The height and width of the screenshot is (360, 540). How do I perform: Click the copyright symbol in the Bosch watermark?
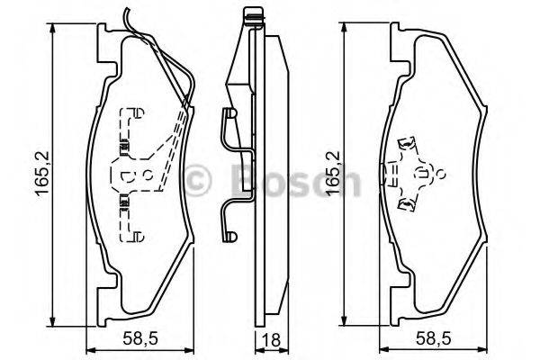pyautogui.click(x=201, y=177)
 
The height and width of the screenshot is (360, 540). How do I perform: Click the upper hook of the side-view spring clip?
pyautogui.click(x=229, y=116)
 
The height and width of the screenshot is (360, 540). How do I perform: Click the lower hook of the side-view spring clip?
pyautogui.click(x=230, y=236)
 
